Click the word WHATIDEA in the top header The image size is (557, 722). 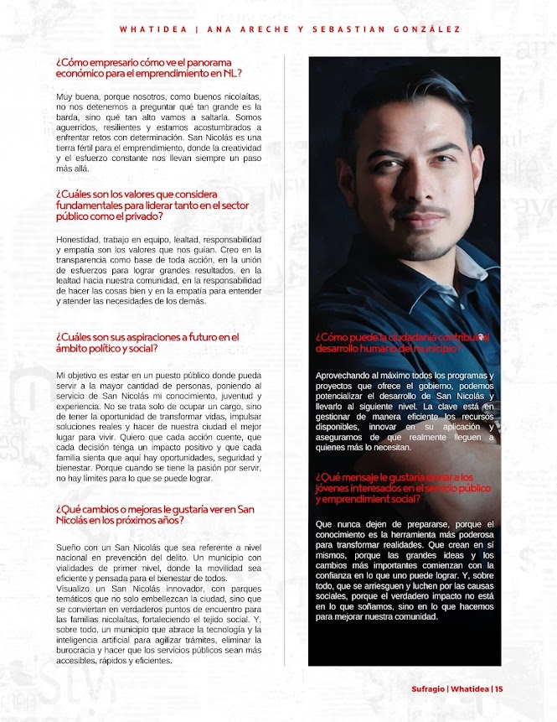click(x=152, y=29)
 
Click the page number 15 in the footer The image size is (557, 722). click(x=499, y=689)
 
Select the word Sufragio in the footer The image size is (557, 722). click(x=428, y=689)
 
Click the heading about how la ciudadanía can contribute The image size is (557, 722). click(x=402, y=342)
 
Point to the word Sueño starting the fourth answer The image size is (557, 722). click(x=70, y=548)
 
